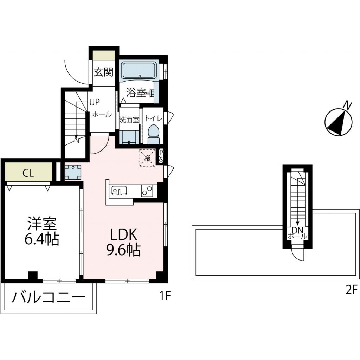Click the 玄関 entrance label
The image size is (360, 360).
(x=103, y=72)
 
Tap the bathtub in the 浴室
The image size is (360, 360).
(x=139, y=71)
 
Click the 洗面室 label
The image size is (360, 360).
(x=129, y=120)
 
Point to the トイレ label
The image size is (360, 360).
(x=154, y=119)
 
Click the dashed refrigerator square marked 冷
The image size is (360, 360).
(x=147, y=158)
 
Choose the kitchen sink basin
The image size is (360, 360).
(x=119, y=191)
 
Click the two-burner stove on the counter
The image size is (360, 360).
(x=147, y=190)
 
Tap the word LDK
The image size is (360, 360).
(x=121, y=234)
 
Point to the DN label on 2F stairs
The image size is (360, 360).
(x=297, y=230)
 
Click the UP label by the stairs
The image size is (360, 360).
(x=94, y=102)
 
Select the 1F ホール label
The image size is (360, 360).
(x=102, y=114)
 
